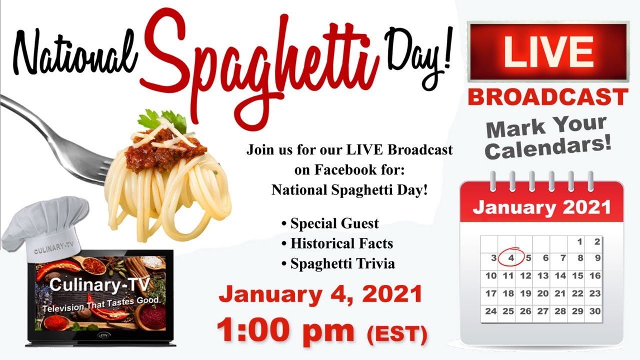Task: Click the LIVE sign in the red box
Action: (x=548, y=51)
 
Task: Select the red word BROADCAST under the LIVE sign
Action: (x=548, y=97)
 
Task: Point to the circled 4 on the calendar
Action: (x=511, y=258)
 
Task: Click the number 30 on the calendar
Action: (x=594, y=311)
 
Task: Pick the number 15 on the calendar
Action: (x=577, y=275)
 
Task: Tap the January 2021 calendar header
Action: (x=541, y=207)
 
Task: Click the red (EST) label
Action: (x=397, y=334)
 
